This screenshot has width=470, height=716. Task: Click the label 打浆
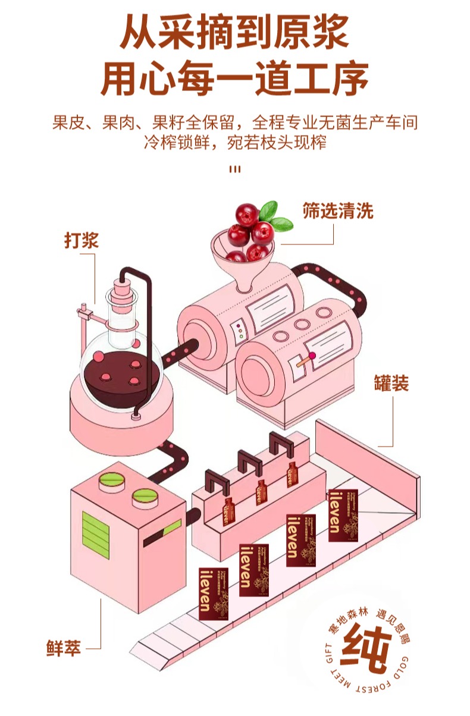[81, 240]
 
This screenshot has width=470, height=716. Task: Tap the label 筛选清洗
[338, 211]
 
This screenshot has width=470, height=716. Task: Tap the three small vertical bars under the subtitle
[235, 169]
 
